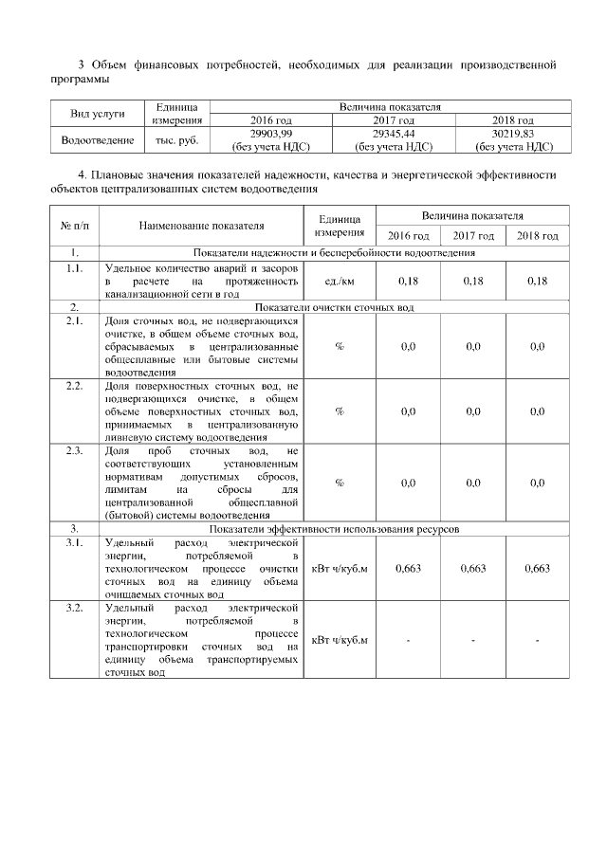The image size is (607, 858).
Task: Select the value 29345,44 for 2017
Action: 393,134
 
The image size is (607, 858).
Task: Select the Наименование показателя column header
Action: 201,226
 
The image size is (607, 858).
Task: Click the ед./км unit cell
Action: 340,282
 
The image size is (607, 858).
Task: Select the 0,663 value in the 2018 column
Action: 537,568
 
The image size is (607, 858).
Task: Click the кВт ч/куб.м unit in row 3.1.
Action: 340,568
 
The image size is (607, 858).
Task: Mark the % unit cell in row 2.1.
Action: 340,346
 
